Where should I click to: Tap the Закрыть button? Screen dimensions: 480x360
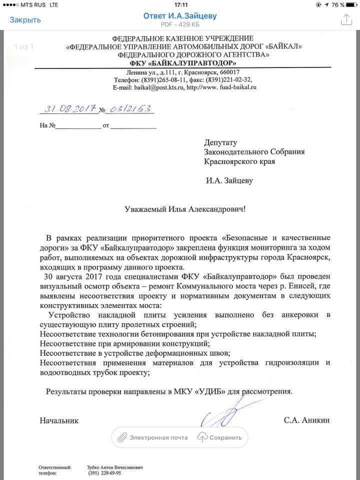pyautogui.click(x=25, y=20)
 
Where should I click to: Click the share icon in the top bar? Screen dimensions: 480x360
pyautogui.click(x=346, y=19)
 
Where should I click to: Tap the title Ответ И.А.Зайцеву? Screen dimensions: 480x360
pyautogui.click(x=179, y=15)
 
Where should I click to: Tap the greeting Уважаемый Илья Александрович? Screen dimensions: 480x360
pyautogui.click(x=185, y=208)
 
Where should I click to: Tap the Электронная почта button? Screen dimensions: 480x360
pyautogui.click(x=153, y=437)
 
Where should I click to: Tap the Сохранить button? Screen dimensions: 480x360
pyautogui.click(x=220, y=437)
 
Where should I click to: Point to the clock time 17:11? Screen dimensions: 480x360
pyautogui.click(x=179, y=4)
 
